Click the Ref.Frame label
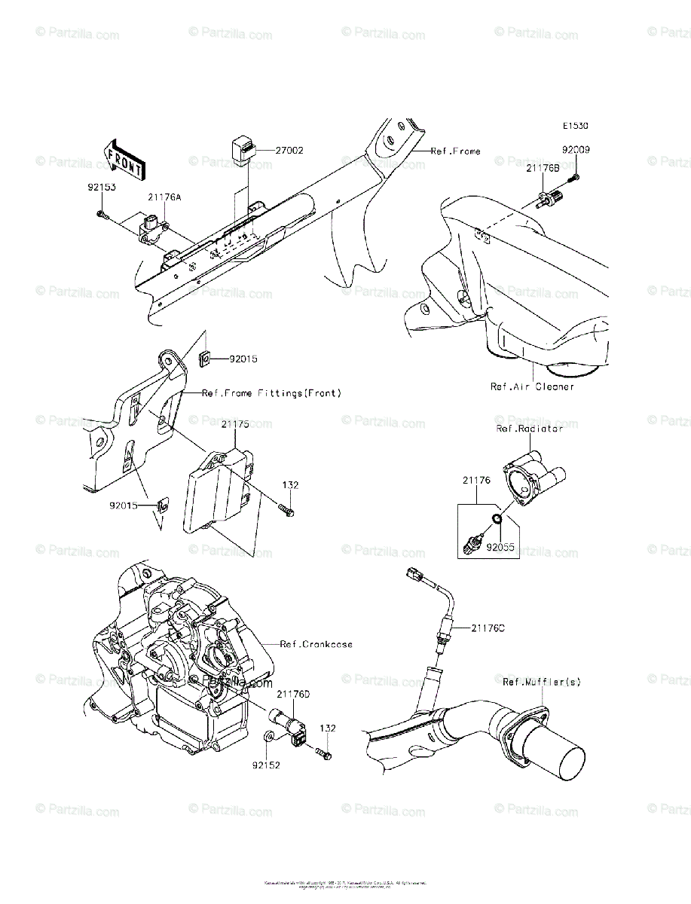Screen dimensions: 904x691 pos(455,151)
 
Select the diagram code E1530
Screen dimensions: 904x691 pos(573,127)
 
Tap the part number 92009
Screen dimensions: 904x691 pos(575,150)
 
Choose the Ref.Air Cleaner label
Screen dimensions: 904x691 pos(532,386)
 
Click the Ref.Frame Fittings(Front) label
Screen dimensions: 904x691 pos(271,393)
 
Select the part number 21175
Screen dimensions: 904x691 pos(234,425)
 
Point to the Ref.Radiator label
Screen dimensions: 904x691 pos(529,429)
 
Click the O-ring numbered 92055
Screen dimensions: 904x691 pos(497,519)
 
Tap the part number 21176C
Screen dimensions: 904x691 pos(489,627)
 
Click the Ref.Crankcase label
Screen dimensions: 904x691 pos(316,644)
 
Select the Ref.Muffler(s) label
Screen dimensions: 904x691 pos(542,682)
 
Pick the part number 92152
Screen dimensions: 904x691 pos(266,765)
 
